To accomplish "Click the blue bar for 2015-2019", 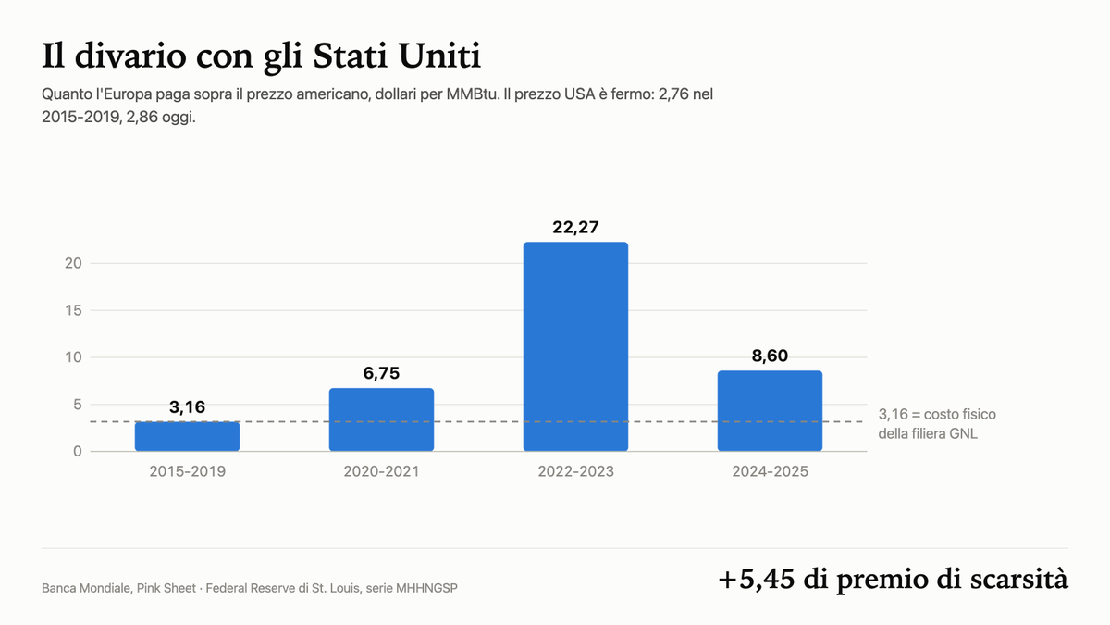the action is point(187,436).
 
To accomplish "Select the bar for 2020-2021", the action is point(381,419).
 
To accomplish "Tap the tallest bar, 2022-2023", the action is point(575,346).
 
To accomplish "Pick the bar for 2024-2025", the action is point(770,411).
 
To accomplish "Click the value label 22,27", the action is point(575,227).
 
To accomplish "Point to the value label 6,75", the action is point(381,373).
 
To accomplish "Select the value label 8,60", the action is point(770,356).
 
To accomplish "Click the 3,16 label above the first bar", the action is point(187,407).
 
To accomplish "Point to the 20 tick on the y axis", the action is point(73,263).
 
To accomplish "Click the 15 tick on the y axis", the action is point(73,310).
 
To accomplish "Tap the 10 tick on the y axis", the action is point(73,357).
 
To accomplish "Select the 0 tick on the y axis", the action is point(78,452).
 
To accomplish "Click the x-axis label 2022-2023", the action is point(575,471).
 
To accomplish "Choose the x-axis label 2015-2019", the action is point(187,471).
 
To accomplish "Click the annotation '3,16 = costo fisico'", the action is point(937,414).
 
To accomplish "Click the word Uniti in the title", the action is point(439,56).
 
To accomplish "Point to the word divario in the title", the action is point(130,56).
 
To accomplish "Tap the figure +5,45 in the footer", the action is point(757,580).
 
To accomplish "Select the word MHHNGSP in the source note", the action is point(426,588).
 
